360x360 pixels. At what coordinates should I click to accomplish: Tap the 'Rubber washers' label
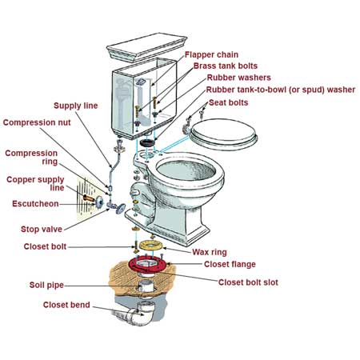[x=238, y=78]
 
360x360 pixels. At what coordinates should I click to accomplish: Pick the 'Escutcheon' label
[x=35, y=204]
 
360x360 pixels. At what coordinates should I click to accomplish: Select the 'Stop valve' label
[x=42, y=229]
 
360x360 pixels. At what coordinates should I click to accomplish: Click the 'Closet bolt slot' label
[x=249, y=282]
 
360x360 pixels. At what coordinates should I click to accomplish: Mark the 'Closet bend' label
[x=67, y=305]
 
